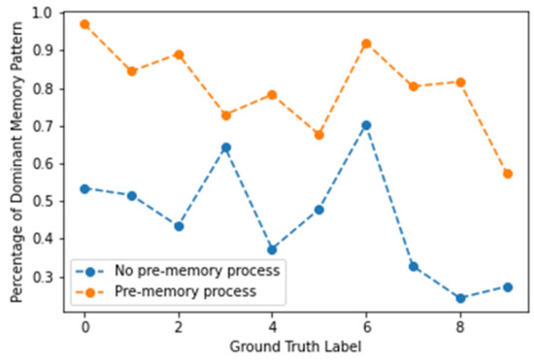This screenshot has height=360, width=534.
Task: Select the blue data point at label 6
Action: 366,125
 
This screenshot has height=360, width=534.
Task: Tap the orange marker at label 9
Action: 507,174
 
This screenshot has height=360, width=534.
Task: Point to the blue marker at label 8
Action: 460,298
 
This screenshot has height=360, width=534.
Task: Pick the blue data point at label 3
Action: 225,147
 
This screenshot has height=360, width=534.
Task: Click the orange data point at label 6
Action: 366,44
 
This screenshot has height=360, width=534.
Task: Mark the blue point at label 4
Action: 272,249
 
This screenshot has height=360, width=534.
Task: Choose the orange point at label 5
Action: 319,135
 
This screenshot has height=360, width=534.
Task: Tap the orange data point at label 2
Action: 179,54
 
